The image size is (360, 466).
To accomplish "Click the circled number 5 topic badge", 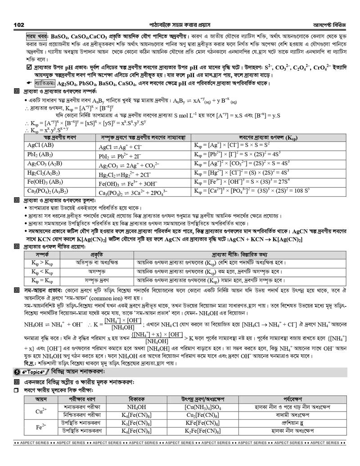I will click(17, 372).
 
